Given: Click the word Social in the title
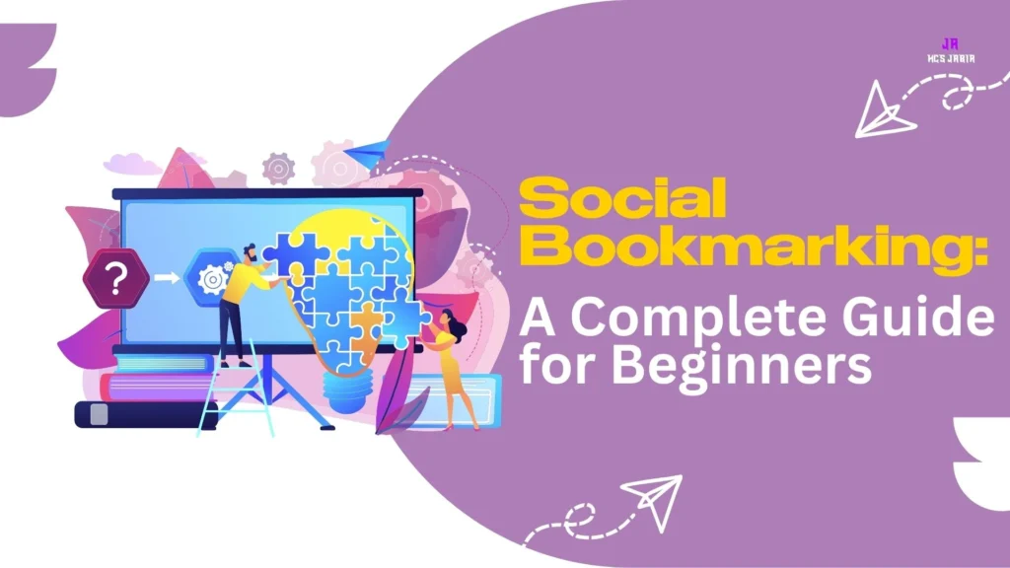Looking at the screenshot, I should click(x=623, y=199).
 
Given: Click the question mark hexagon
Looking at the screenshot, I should click(x=115, y=279).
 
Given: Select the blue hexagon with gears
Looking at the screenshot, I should click(x=212, y=279).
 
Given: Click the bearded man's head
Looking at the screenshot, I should click(x=251, y=253).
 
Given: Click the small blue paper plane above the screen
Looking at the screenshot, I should click(x=367, y=153).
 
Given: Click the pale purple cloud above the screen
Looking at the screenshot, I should click(x=132, y=162).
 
